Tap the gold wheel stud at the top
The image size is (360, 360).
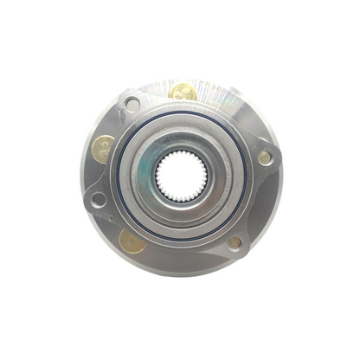[183, 91]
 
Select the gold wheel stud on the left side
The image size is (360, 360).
[103, 148]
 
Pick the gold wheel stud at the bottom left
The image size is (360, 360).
[132, 242]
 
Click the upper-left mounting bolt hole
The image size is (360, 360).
[132, 105]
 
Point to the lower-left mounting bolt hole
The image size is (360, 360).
[99, 199]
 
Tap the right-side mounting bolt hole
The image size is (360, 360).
[264, 157]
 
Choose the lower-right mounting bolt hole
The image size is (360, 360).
[235, 243]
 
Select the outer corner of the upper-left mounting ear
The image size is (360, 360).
[119, 93]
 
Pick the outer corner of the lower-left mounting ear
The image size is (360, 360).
[87, 208]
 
